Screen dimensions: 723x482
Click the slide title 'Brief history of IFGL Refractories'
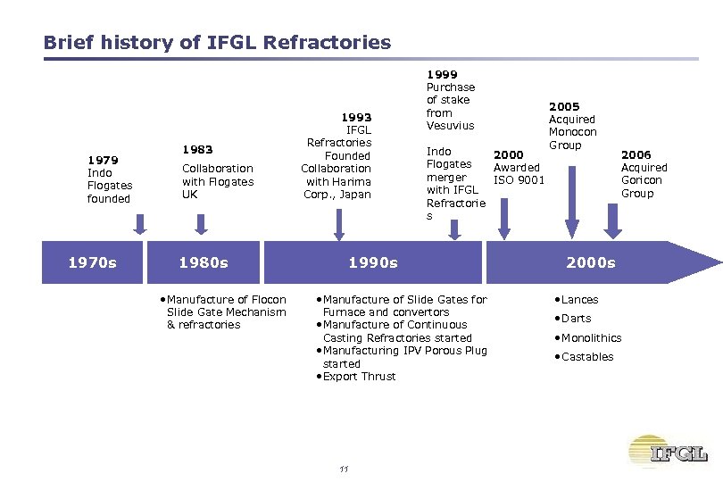[x=217, y=42]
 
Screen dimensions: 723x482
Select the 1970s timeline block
[x=92, y=262]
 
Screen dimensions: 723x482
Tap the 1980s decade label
[x=204, y=262]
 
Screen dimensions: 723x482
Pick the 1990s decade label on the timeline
[x=373, y=262]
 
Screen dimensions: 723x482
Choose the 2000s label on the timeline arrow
[x=590, y=262]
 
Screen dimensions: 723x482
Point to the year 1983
[x=196, y=149]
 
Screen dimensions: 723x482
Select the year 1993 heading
[x=357, y=117]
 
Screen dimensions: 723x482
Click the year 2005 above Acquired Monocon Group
[x=564, y=106]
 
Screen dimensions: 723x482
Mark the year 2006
[x=636, y=154]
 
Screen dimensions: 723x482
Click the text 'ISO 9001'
[x=519, y=180]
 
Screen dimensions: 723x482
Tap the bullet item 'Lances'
[x=579, y=300]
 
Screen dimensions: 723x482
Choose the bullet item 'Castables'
[x=586, y=357]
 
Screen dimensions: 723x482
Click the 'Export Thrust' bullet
[x=359, y=377]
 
